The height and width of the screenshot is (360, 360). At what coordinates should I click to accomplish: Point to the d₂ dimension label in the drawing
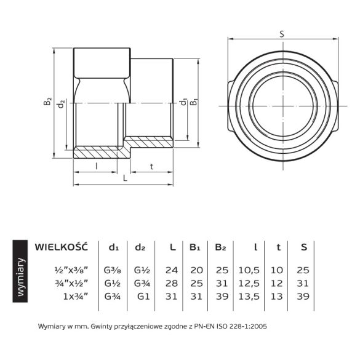tap(60, 104)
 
